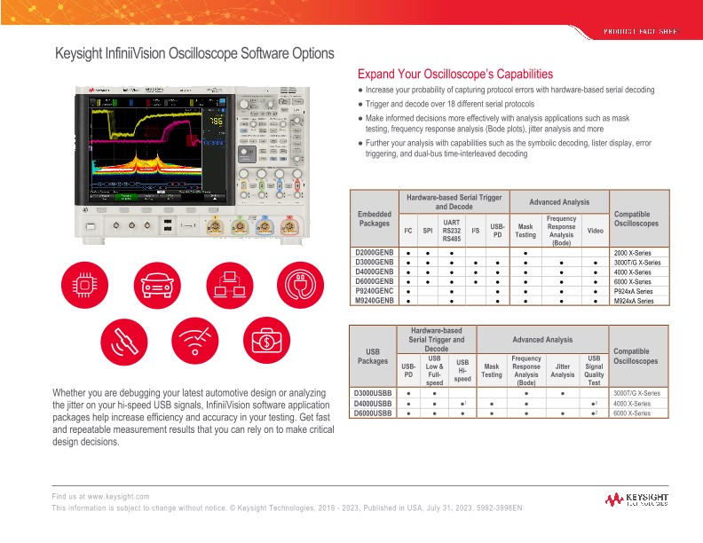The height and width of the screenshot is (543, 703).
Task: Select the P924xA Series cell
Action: click(x=633, y=291)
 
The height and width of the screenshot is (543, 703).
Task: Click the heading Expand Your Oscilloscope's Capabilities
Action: click(x=454, y=74)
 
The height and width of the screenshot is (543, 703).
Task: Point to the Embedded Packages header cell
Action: click(x=373, y=218)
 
